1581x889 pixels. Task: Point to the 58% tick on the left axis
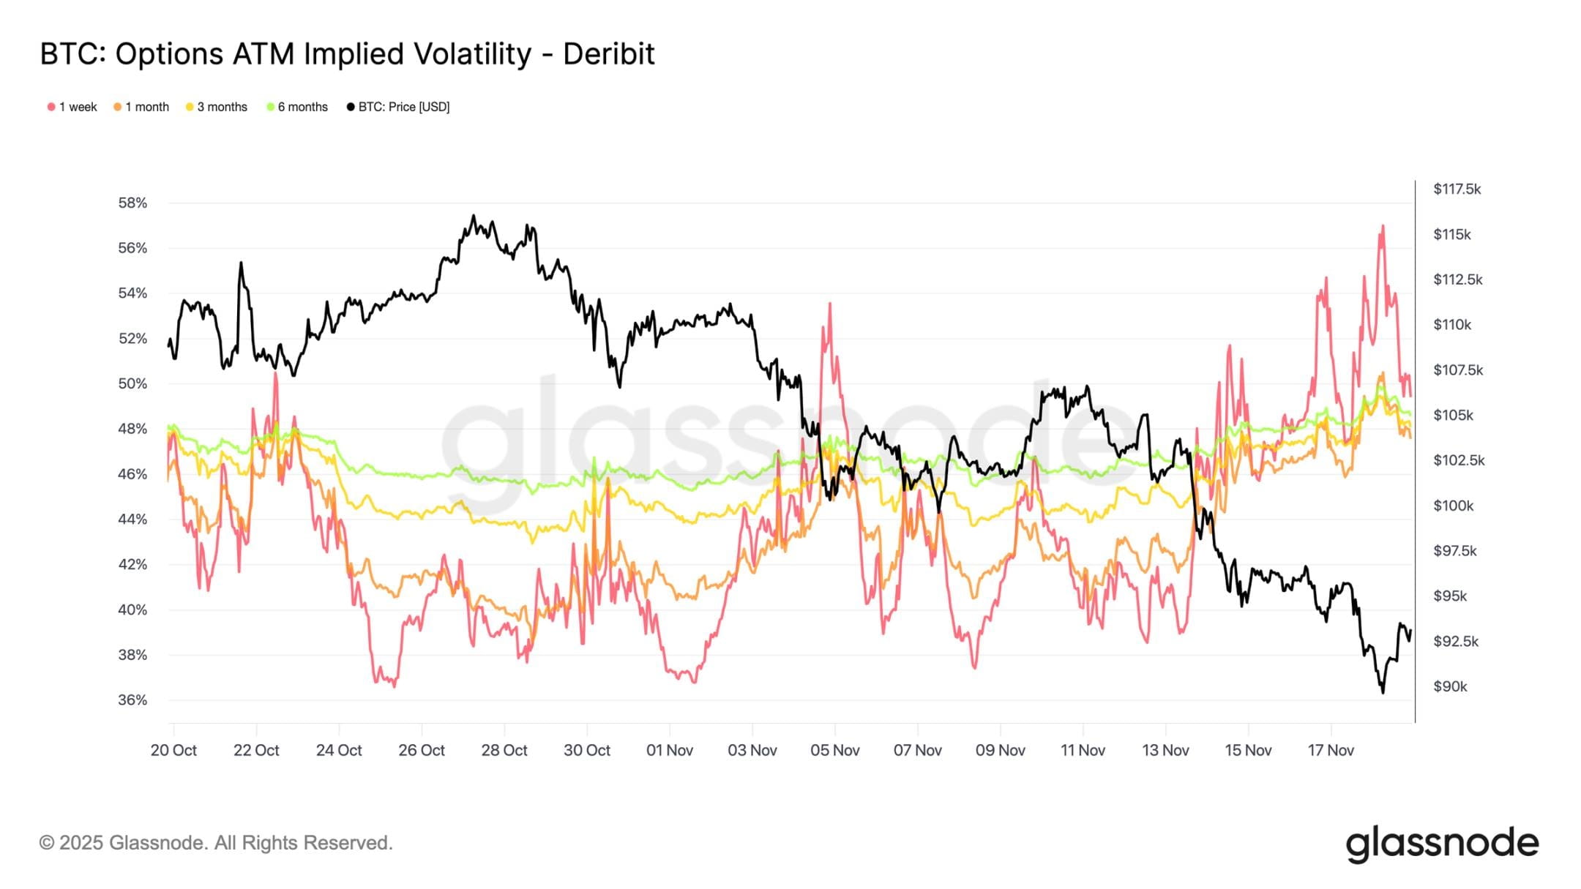(132, 203)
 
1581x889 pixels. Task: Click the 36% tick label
(132, 700)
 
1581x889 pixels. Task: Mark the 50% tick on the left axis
(132, 383)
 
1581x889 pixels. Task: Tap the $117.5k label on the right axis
(1457, 189)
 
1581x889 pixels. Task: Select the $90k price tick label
(1450, 686)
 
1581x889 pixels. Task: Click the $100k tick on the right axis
(1453, 506)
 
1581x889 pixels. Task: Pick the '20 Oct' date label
(173, 750)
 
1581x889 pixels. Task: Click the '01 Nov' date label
(669, 750)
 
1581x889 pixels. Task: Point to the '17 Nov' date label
(1331, 750)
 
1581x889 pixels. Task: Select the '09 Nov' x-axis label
(1000, 750)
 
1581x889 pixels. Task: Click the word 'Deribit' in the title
(608, 54)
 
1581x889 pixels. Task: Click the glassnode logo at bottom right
(1442, 844)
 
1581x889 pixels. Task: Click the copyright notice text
(216, 843)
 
